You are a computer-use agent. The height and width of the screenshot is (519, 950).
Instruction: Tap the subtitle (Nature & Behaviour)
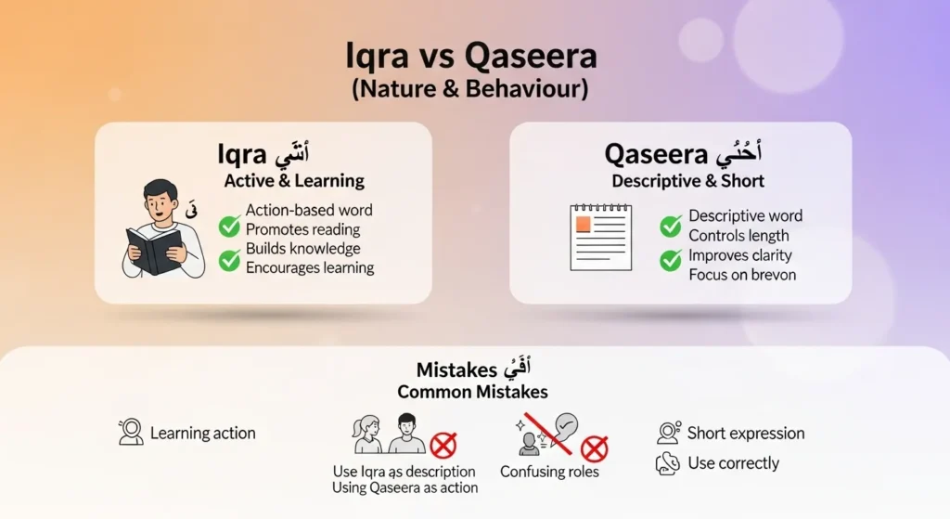[x=470, y=91]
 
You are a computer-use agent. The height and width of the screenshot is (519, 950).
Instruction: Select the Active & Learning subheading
[x=294, y=180]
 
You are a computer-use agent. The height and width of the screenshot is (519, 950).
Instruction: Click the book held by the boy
[x=155, y=249]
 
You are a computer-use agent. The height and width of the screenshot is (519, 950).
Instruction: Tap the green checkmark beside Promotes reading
[x=229, y=226]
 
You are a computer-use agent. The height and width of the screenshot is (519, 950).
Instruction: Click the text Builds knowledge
[x=302, y=249]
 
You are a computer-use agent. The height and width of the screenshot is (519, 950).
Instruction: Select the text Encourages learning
[x=310, y=268]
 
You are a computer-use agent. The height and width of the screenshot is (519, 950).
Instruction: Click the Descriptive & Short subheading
[x=688, y=180]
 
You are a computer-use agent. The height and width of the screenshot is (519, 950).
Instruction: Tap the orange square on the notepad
[x=584, y=225]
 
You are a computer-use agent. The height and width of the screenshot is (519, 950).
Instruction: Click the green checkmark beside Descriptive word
[x=671, y=226]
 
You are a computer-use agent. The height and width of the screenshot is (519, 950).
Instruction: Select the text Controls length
[x=738, y=236]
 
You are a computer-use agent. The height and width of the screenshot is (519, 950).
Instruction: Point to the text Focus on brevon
[x=742, y=275]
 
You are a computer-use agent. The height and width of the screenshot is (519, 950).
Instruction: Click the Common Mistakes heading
[x=472, y=392]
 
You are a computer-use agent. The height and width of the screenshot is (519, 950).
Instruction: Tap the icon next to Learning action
[x=131, y=433]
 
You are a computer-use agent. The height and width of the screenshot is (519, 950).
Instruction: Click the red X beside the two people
[x=443, y=445]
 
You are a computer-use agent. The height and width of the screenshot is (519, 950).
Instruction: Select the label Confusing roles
[x=549, y=472]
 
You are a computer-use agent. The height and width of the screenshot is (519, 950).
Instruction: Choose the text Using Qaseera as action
[x=404, y=487]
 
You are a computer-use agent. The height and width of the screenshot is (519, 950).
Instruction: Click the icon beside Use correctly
[x=667, y=463]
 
